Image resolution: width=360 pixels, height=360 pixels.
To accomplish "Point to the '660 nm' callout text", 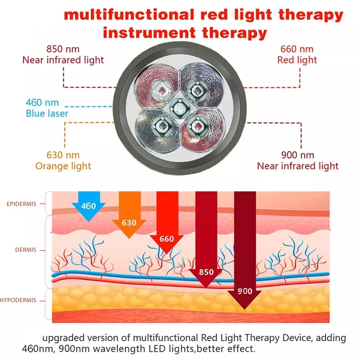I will tap(297, 49).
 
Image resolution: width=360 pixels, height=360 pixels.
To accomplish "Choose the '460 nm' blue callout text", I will tap(42, 103).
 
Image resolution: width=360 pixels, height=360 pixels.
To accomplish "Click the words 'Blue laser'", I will tap(47, 113).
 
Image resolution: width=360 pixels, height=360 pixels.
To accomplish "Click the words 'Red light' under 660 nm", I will tap(297, 60).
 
